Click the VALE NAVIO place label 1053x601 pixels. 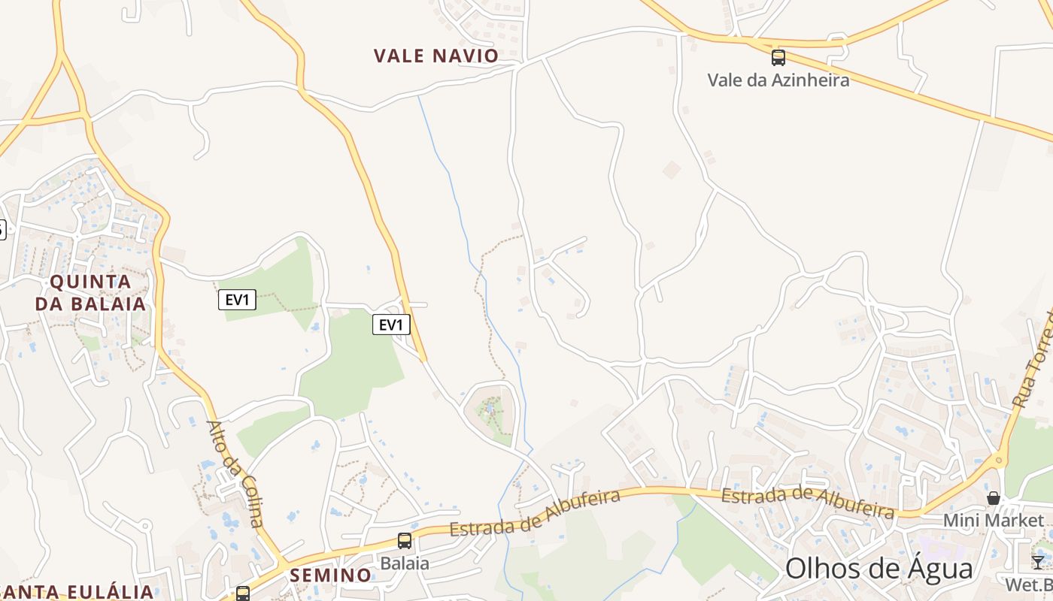(436, 56)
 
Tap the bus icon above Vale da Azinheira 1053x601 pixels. (778, 57)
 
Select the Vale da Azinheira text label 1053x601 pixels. (778, 80)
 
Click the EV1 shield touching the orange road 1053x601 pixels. (391, 325)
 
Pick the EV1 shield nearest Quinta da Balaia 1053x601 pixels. (237, 300)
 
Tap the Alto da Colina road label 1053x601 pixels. (236, 473)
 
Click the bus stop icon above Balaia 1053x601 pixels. (405, 541)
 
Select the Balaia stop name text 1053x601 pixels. (405, 563)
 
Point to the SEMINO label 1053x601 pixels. (331, 575)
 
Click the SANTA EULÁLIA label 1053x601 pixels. (75, 591)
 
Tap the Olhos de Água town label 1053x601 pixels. (879, 569)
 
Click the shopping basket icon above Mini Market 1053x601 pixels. (994, 497)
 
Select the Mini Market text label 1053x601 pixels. (994, 520)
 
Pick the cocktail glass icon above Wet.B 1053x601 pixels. (1038, 561)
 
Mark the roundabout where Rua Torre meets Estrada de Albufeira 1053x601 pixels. (1000, 460)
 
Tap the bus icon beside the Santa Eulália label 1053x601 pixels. (243, 593)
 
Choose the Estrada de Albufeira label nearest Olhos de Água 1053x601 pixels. (808, 503)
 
